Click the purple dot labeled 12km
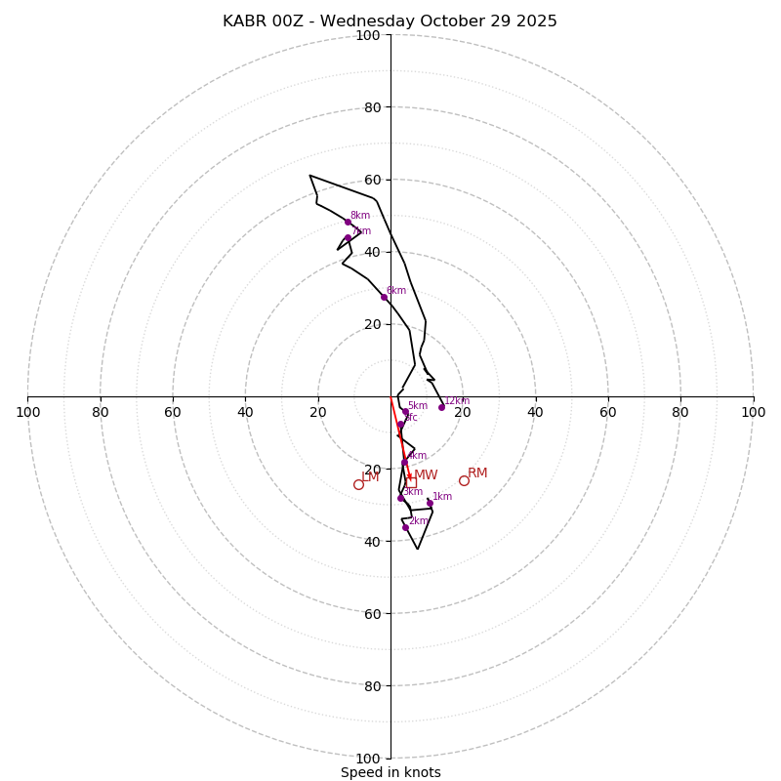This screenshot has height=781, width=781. click(441, 407)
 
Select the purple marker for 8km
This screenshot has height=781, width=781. click(348, 222)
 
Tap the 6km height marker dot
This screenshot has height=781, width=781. click(384, 297)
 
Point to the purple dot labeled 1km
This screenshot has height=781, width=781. click(430, 503)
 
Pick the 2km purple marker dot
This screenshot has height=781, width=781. click(405, 527)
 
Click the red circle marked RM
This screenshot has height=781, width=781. click(464, 480)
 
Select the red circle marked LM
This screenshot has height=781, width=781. click(358, 484)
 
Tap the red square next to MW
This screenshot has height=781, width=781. click(411, 482)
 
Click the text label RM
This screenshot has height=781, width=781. click(477, 473)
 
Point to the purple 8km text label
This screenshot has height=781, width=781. click(360, 216)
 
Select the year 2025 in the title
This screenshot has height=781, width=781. click(535, 21)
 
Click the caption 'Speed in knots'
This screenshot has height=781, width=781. click(390, 773)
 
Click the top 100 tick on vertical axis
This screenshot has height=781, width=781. click(368, 35)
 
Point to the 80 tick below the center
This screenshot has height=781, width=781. click(372, 686)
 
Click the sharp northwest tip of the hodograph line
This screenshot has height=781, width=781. click(309, 176)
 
